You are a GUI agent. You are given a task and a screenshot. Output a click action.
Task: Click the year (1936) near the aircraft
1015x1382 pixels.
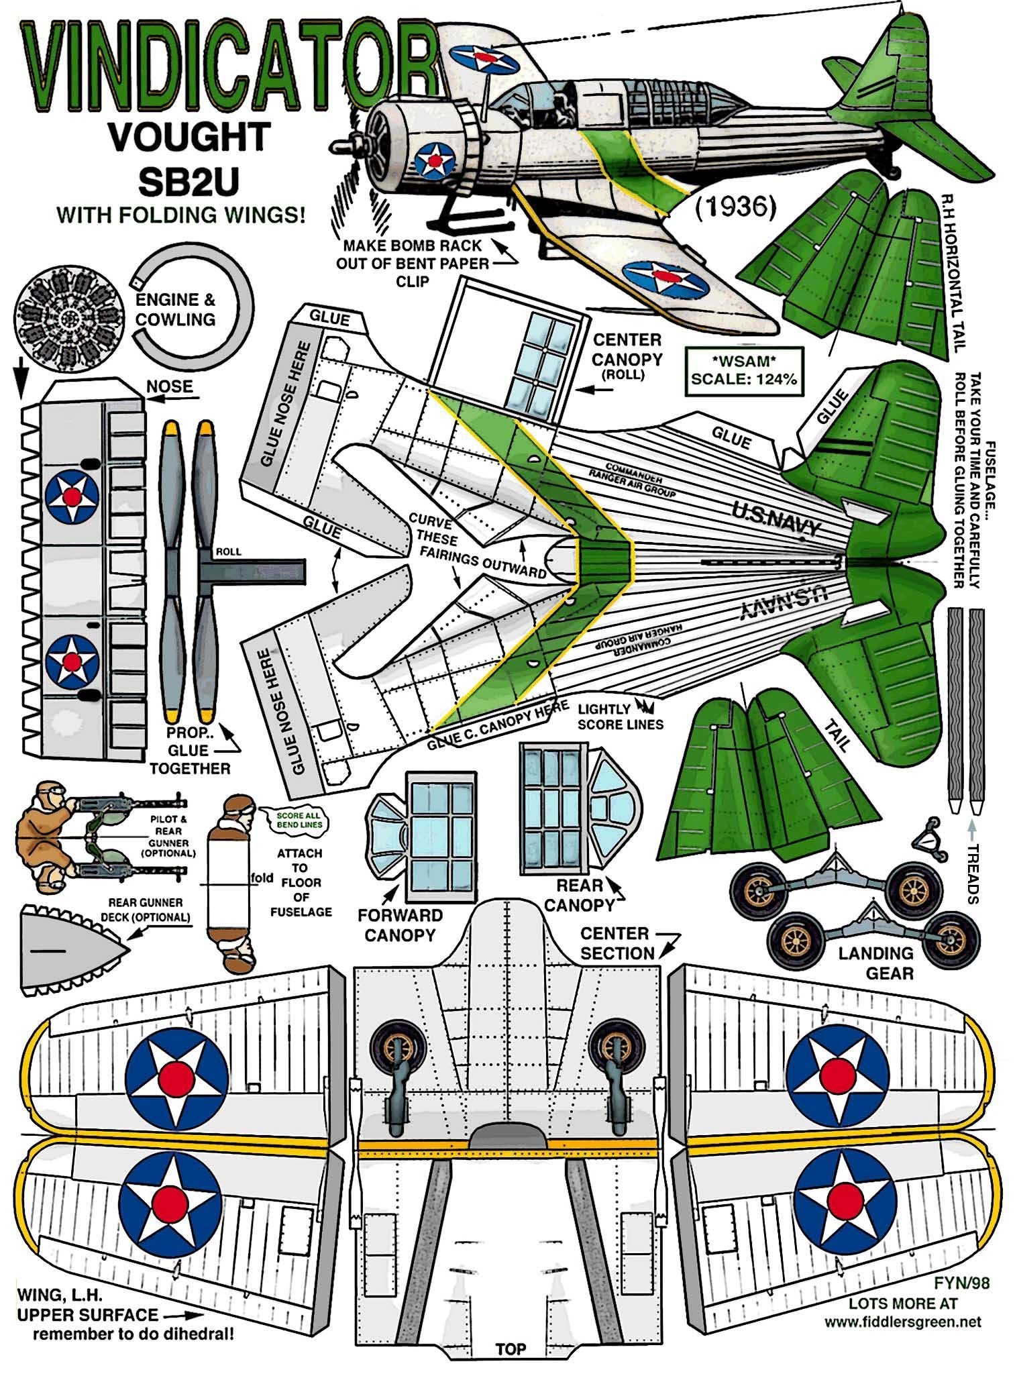click(x=732, y=207)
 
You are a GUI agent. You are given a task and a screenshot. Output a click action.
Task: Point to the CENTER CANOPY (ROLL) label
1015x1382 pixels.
click(x=627, y=356)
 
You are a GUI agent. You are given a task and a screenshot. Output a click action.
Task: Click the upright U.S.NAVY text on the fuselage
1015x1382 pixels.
click(x=776, y=519)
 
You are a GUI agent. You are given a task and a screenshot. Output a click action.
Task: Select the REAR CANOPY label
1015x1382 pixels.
click(x=580, y=894)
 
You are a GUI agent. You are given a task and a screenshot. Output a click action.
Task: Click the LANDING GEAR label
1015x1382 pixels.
click(x=875, y=962)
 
